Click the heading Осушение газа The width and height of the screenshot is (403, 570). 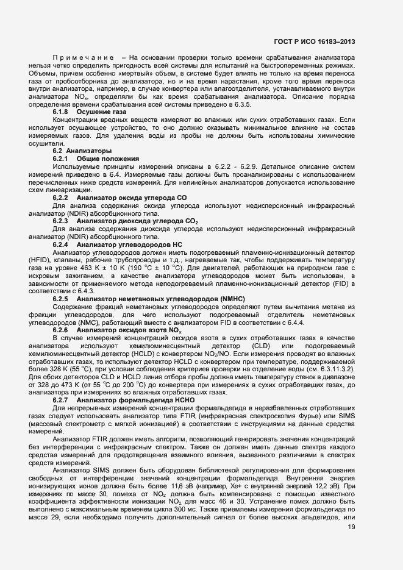(x=101, y=113)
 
